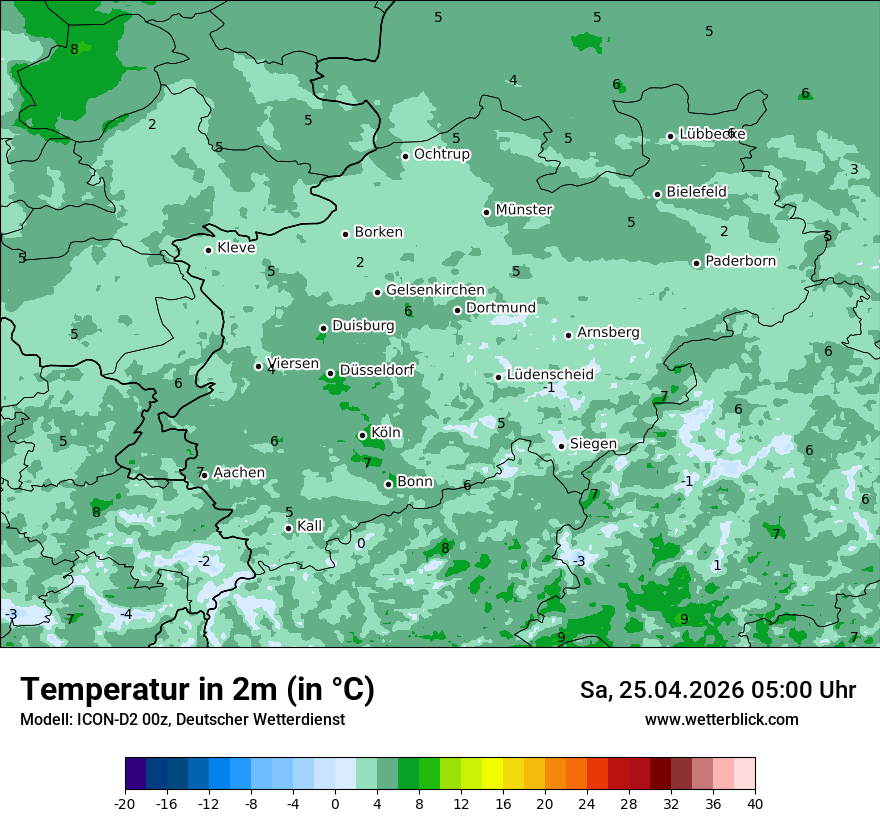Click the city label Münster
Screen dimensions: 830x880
click(524, 210)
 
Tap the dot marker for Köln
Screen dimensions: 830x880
click(363, 435)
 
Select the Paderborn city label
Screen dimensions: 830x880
click(740, 261)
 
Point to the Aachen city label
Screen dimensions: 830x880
click(239, 473)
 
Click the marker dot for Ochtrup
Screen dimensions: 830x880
click(406, 156)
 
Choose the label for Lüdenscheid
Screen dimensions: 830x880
click(550, 375)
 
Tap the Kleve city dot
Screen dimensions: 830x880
click(209, 250)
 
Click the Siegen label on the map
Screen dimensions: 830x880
click(593, 444)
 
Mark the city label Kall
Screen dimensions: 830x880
click(310, 526)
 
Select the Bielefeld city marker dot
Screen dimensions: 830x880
click(658, 194)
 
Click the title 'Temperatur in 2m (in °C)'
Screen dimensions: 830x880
click(197, 690)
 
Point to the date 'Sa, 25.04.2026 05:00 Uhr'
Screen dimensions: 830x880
click(717, 690)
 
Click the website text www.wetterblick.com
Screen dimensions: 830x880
click(721, 720)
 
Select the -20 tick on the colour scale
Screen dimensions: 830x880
click(125, 803)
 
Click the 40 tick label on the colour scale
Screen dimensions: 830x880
click(755, 803)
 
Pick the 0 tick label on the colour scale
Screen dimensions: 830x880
click(335, 803)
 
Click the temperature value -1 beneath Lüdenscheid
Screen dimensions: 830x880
click(548, 388)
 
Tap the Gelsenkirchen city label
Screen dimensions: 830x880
click(435, 290)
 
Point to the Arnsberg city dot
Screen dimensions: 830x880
click(568, 335)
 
